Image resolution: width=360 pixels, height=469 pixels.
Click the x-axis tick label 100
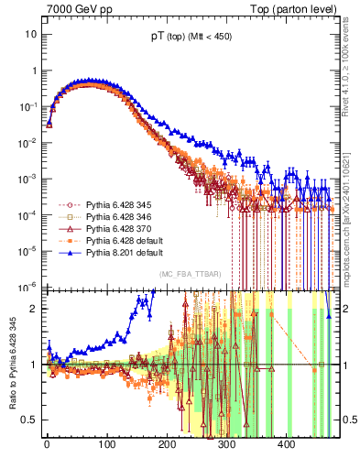click(x=106, y=444)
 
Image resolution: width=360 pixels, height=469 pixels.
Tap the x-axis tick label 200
click(x=167, y=444)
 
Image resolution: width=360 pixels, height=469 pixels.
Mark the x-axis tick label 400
click(x=287, y=444)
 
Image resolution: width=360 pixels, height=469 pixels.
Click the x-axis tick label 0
click(x=47, y=444)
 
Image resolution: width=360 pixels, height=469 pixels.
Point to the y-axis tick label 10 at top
click(x=30, y=35)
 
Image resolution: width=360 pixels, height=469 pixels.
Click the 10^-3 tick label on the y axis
click(x=28, y=178)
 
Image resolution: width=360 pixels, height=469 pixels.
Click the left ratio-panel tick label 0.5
click(x=28, y=420)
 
